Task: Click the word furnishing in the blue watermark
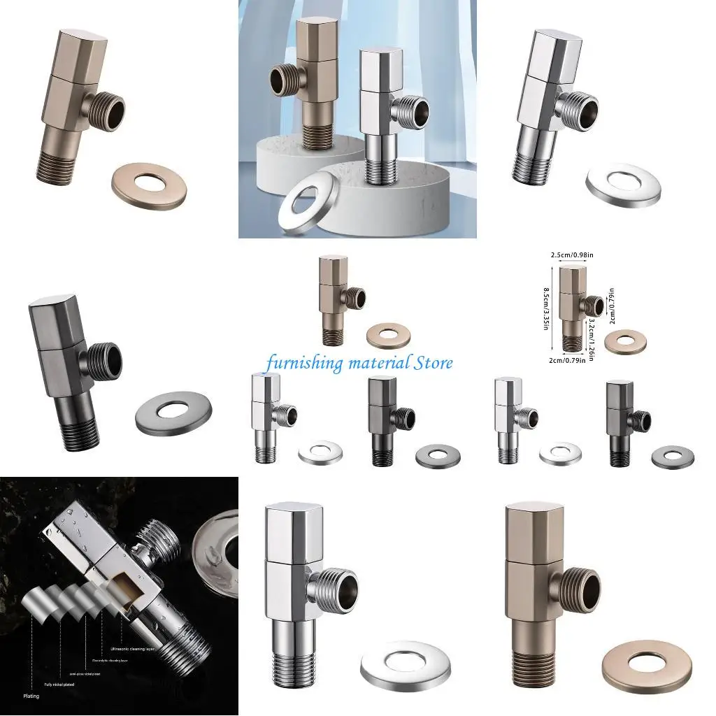(x=304, y=363)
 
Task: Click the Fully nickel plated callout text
(x=59, y=684)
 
